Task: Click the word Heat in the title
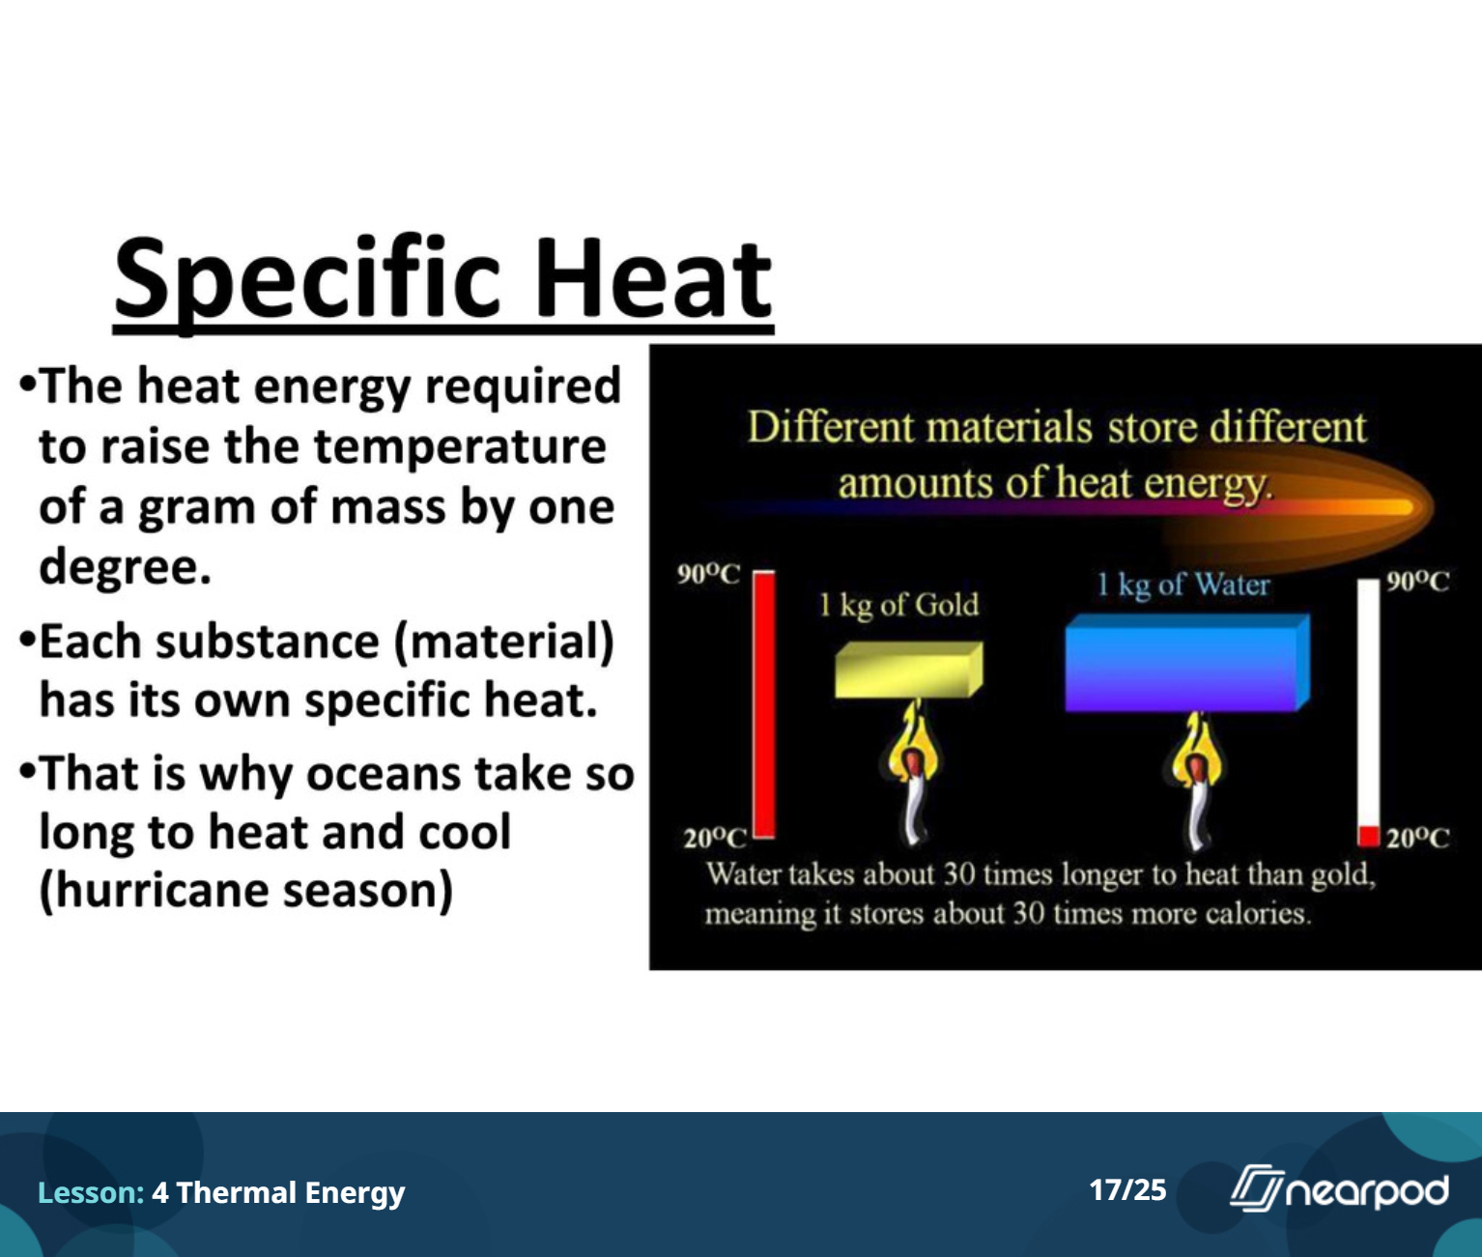pyautogui.click(x=653, y=278)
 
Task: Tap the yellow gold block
pyautogui.click(x=908, y=670)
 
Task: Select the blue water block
pyautogui.click(x=1187, y=663)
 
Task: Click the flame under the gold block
pyautogui.click(x=912, y=775)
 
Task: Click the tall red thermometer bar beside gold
pyautogui.click(x=763, y=705)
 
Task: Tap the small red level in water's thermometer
pyautogui.click(x=1369, y=836)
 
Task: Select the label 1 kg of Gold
pyautogui.click(x=898, y=605)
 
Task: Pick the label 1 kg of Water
pyautogui.click(x=1183, y=585)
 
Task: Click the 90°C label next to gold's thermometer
pyautogui.click(x=708, y=574)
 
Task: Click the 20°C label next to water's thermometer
pyautogui.click(x=1417, y=839)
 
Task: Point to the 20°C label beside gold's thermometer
pyautogui.click(x=715, y=839)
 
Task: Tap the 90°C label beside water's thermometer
pyautogui.click(x=1417, y=581)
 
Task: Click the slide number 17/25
pyautogui.click(x=1127, y=1190)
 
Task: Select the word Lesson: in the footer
pyautogui.click(x=91, y=1192)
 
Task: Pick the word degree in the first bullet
pyautogui.click(x=118, y=567)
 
